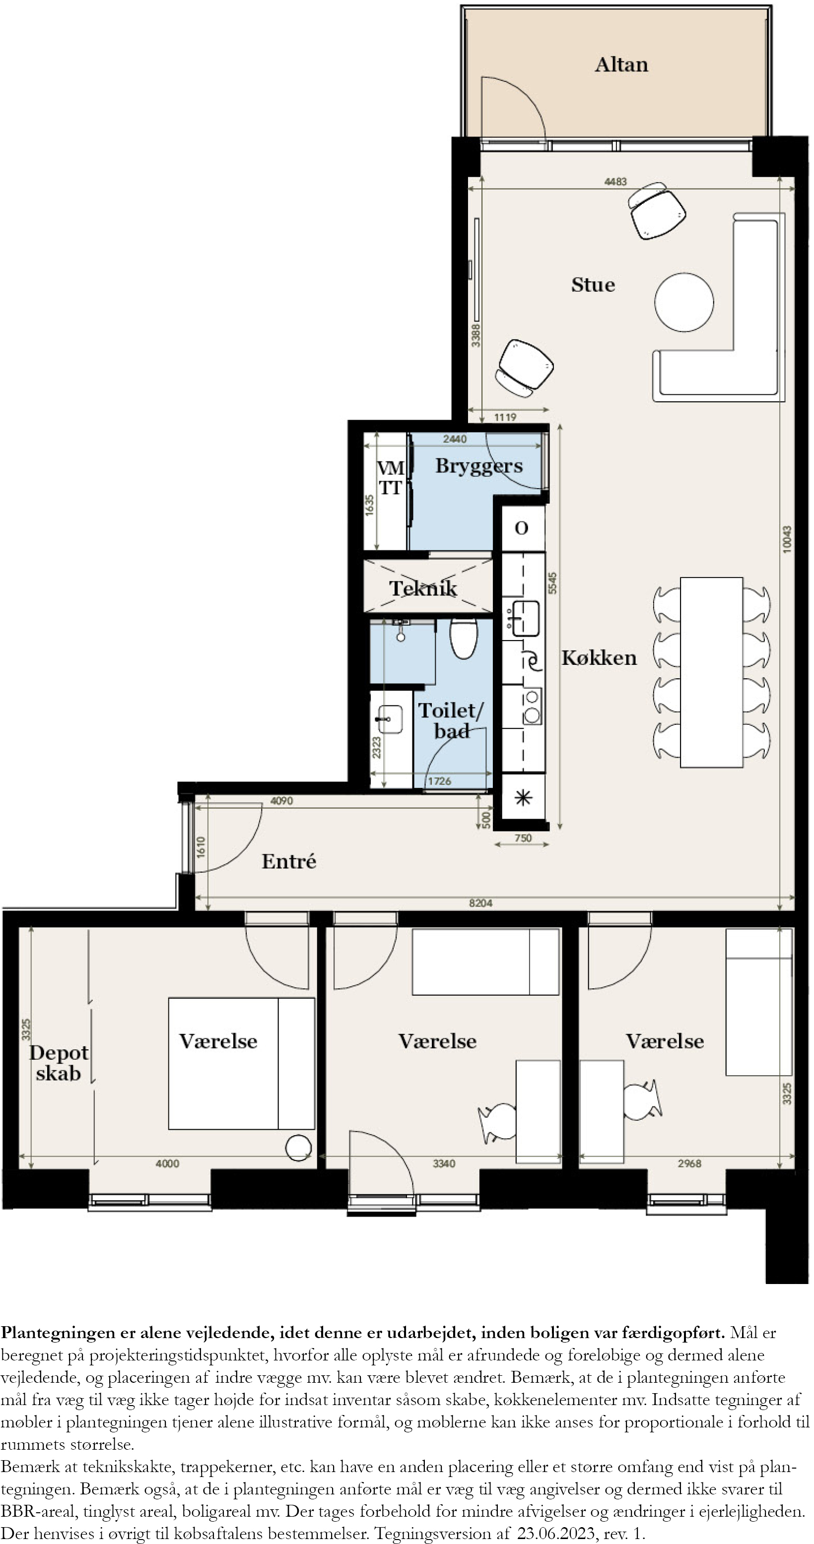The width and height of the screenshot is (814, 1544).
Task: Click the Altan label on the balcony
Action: pyautogui.click(x=621, y=64)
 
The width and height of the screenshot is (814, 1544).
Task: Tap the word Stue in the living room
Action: pyautogui.click(x=593, y=285)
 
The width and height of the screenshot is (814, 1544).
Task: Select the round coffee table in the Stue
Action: pyautogui.click(x=684, y=302)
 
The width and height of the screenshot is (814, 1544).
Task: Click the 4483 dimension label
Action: pyautogui.click(x=615, y=182)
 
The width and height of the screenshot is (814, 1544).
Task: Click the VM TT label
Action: pyautogui.click(x=390, y=478)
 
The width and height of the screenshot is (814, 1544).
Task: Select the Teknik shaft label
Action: pyautogui.click(x=423, y=588)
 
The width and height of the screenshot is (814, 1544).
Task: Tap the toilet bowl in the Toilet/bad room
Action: pyautogui.click(x=464, y=639)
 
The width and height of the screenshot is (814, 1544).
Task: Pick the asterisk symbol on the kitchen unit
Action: pyautogui.click(x=523, y=798)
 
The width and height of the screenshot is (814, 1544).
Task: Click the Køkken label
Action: pyautogui.click(x=599, y=658)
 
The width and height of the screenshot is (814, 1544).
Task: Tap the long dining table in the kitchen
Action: pyautogui.click(x=711, y=672)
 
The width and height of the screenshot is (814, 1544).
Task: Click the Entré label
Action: pyautogui.click(x=289, y=861)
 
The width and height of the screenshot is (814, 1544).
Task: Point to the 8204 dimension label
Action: pyautogui.click(x=481, y=902)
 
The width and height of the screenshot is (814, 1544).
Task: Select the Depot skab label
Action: pyautogui.click(x=58, y=1063)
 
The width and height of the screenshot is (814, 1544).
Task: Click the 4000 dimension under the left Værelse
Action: pyautogui.click(x=167, y=1163)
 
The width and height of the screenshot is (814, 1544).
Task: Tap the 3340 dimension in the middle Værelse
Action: pyautogui.click(x=444, y=1163)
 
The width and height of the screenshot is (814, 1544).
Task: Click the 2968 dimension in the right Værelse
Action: pyautogui.click(x=689, y=1163)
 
